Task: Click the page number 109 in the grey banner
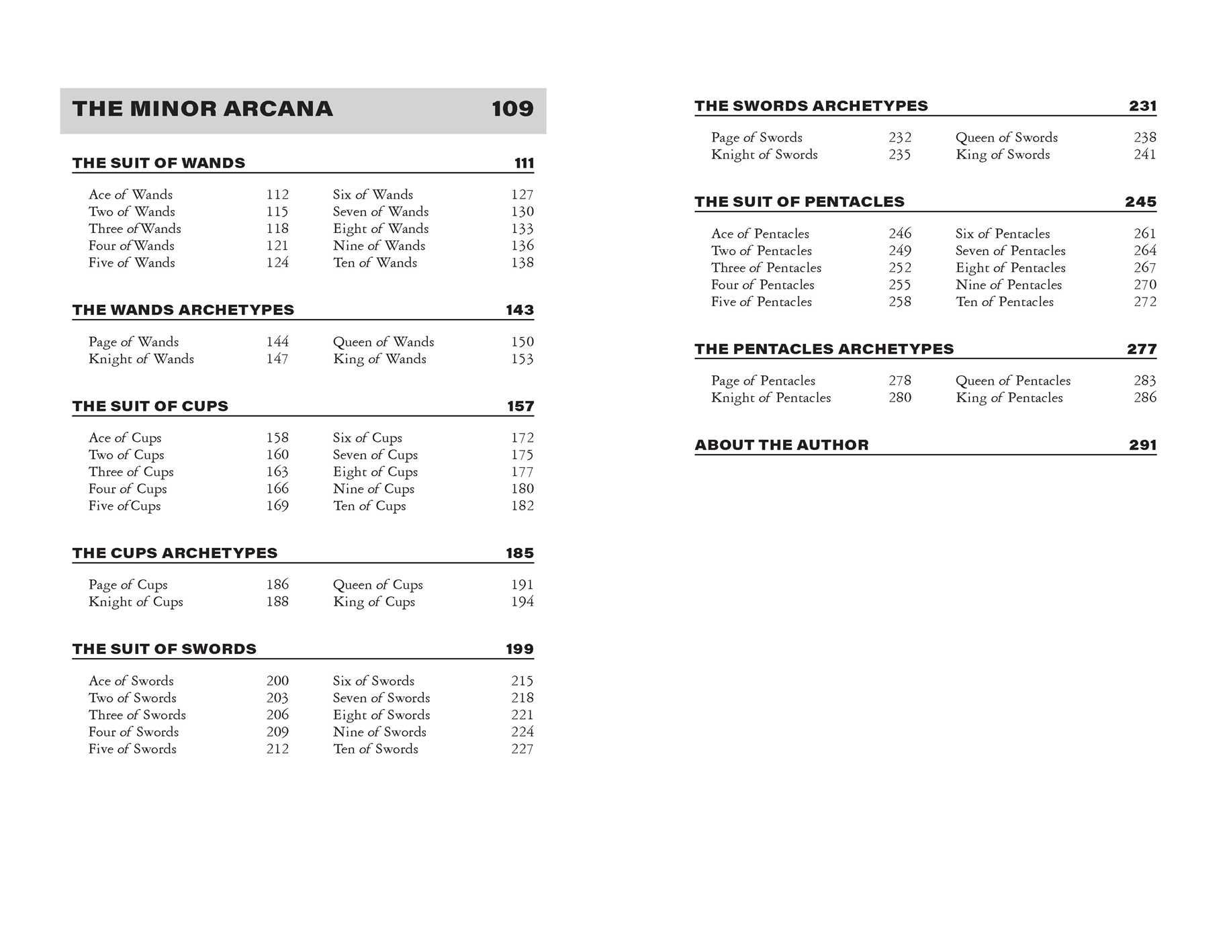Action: point(512,109)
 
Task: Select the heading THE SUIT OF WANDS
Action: point(158,163)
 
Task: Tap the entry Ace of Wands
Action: point(130,195)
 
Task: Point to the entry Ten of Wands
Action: point(375,263)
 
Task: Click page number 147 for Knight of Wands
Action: point(277,359)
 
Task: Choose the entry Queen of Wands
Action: point(383,342)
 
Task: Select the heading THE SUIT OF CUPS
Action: point(150,406)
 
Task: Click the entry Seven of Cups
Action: point(375,455)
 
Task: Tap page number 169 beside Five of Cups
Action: point(277,506)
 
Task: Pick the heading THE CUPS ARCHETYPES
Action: point(175,553)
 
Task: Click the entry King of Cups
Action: point(373,602)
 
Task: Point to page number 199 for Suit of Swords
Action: point(519,649)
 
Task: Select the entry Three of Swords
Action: point(137,715)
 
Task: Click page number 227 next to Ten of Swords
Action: point(522,749)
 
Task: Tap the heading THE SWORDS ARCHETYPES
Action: point(811,106)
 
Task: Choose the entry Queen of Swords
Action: point(1006,138)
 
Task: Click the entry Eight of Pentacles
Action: point(1010,268)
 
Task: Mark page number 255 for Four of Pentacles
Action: point(899,285)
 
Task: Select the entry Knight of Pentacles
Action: point(770,397)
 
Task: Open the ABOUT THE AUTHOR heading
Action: point(781,445)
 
